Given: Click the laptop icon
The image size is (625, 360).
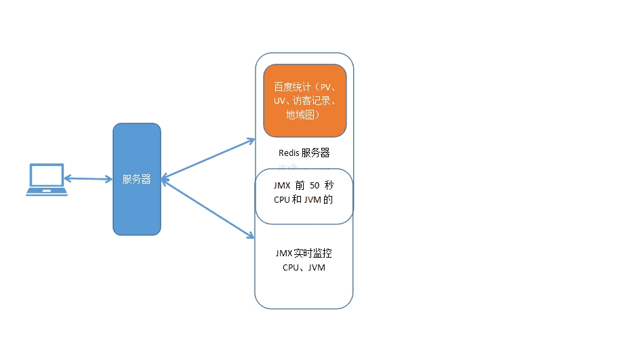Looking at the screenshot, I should click(47, 180).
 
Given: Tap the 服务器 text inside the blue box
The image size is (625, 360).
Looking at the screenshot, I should click(136, 180).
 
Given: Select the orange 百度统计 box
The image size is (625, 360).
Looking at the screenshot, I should click(304, 100).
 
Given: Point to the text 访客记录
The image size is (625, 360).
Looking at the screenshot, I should click(317, 101).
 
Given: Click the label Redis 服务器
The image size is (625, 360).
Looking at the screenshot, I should click(304, 153).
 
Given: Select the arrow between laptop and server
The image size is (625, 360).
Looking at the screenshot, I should click(88, 178).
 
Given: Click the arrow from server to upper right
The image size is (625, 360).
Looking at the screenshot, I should click(207, 158).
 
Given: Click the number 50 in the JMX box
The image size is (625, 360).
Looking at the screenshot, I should click(315, 185).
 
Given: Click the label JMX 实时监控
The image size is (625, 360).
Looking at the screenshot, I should click(304, 254).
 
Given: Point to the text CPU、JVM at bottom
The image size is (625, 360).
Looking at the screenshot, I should click(304, 267).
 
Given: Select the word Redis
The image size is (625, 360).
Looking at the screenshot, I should click(289, 153).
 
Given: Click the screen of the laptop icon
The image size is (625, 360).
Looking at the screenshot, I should click(47, 175).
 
